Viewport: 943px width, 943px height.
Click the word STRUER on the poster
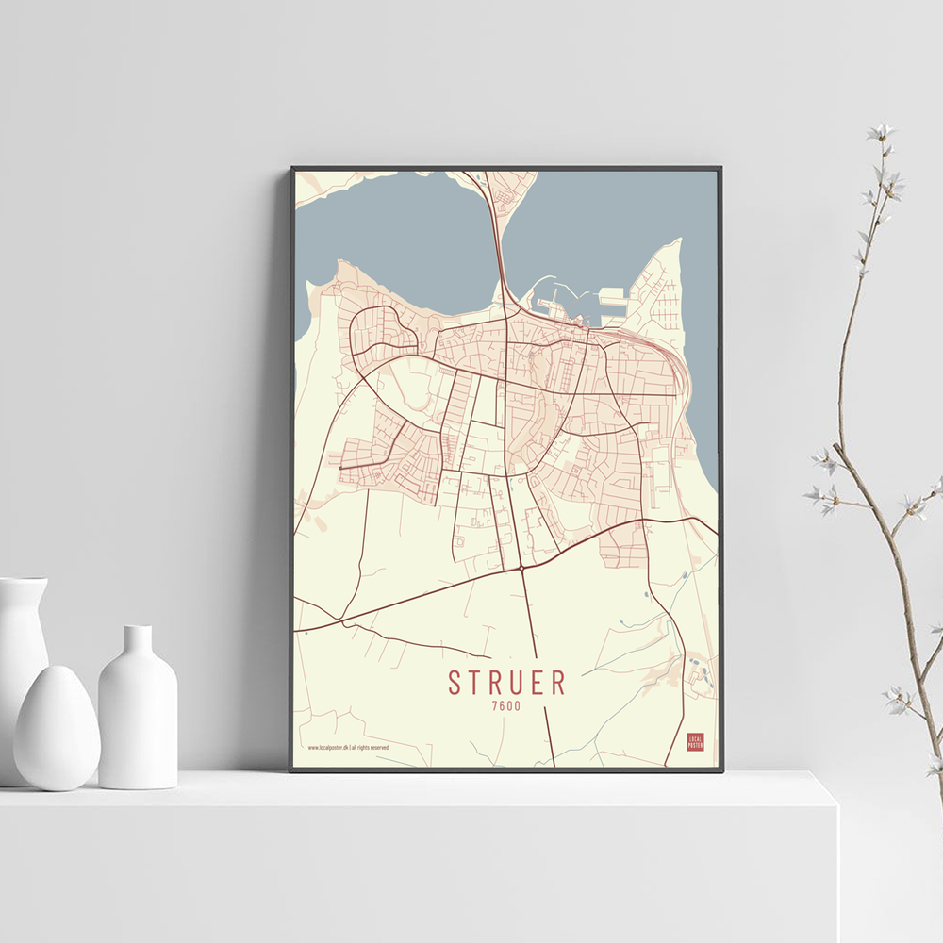click(x=506, y=683)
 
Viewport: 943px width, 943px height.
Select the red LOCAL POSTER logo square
click(x=695, y=741)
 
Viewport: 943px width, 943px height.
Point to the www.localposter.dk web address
click(x=328, y=747)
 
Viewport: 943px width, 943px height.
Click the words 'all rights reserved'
click(x=371, y=747)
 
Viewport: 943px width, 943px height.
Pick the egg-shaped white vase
click(x=56, y=727)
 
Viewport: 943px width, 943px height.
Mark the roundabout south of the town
click(x=521, y=569)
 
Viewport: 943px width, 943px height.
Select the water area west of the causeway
click(x=396, y=236)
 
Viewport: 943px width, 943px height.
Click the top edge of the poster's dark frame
click(x=506, y=169)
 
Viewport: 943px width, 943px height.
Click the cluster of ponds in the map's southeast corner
click(x=703, y=671)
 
